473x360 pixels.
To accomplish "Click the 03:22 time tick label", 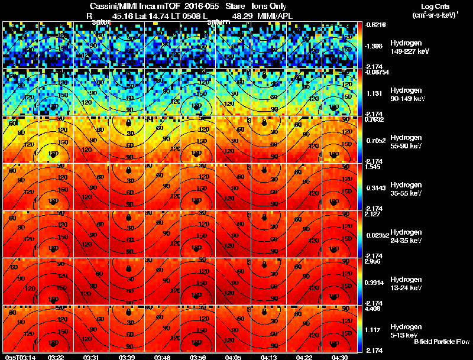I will pos(56,356).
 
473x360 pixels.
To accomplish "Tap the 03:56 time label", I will pos(198,356).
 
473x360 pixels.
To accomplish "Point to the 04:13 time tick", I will pos(269,356).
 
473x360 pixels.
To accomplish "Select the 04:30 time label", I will pos(340,356).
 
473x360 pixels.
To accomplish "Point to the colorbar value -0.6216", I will pos(376,25).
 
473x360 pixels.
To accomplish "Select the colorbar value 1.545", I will pos(374,167).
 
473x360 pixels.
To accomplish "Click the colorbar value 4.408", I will pos(374,309).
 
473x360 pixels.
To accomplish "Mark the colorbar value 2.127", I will pos(374,215).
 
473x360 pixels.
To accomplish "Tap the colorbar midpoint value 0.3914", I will pos(376,282).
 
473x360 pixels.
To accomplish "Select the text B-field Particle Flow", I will pos(441,342).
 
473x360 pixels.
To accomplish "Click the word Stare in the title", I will pos(234,6).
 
